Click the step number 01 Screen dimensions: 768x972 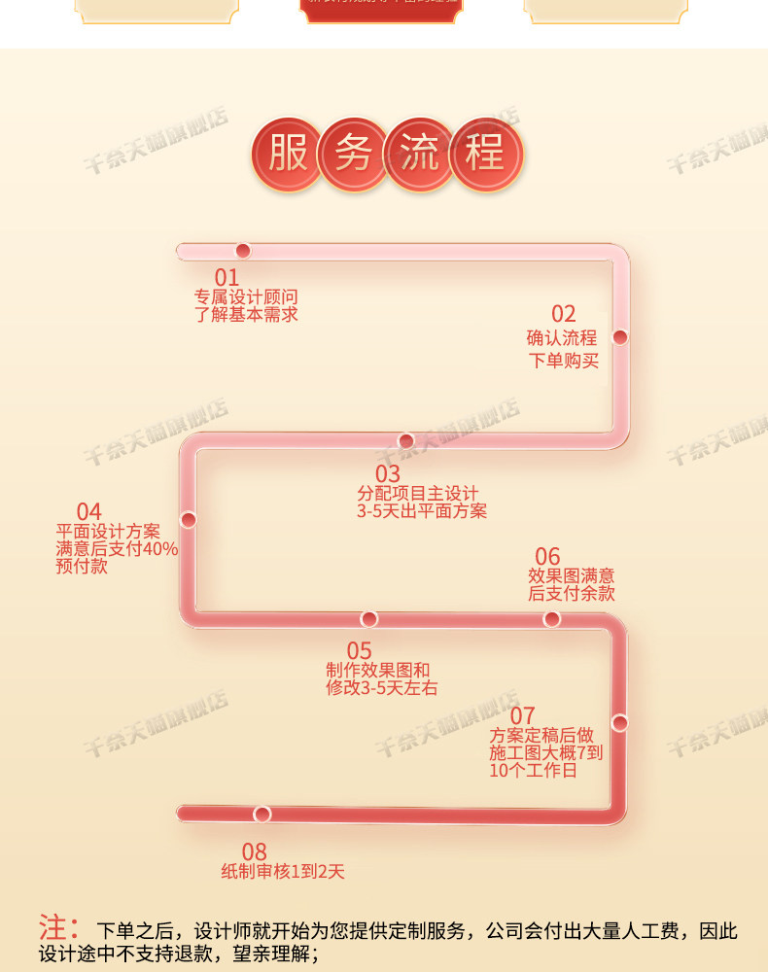pos(227,279)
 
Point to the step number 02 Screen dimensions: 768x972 pos(564,314)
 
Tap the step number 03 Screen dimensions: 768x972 pos(388,474)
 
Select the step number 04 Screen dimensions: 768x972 pos(88,511)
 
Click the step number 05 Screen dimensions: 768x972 pos(360,651)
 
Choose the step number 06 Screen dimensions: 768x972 pos(548,556)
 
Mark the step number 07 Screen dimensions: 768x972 pos(523,717)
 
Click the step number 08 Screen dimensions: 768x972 pos(254,852)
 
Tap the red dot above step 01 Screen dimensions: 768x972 pos(243,251)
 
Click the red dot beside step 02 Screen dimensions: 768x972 pos(620,337)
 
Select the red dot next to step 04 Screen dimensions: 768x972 pos(189,520)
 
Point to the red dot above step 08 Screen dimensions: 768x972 pos(262,814)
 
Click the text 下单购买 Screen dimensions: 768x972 pos(563,362)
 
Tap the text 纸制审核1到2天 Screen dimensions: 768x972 pos(283,872)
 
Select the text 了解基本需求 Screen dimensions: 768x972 pos(246,315)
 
